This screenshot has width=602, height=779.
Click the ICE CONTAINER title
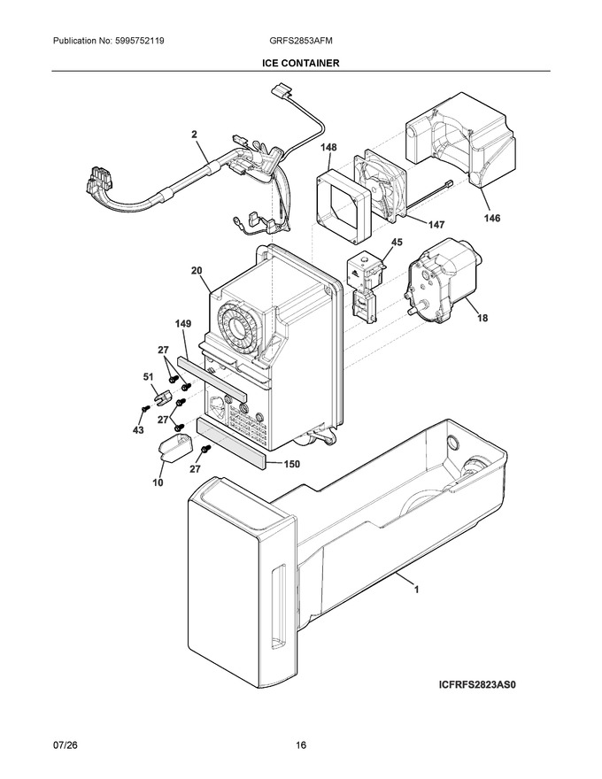tap(301, 63)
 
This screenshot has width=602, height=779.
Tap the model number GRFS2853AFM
tap(297, 42)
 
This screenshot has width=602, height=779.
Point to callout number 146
tap(492, 218)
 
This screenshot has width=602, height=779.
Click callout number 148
tap(328, 147)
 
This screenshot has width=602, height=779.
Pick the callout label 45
tap(397, 243)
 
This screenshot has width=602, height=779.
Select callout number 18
tap(482, 318)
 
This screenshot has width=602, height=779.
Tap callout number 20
tap(197, 270)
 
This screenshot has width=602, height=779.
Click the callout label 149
tap(182, 324)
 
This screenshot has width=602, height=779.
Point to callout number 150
tap(291, 464)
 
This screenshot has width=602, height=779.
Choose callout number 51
tap(149, 378)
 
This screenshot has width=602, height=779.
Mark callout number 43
tap(138, 429)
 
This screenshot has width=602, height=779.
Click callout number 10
tap(158, 482)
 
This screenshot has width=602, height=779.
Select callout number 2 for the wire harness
tap(194, 135)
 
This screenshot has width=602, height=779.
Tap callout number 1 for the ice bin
tap(416, 590)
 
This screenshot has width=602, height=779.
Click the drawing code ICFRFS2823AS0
tap(478, 684)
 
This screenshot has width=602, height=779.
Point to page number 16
tap(301, 745)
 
